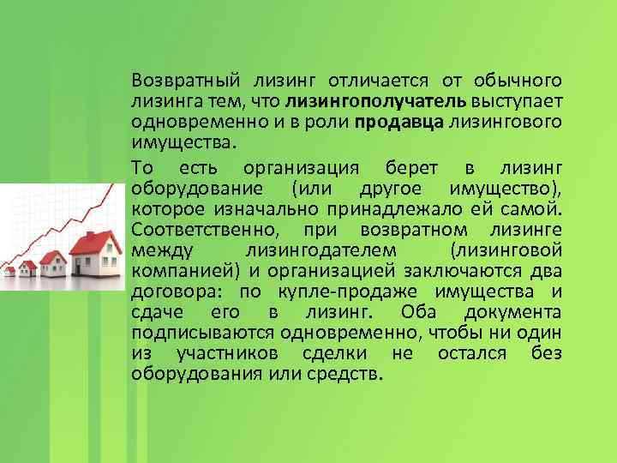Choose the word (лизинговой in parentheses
coord(506,249)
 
